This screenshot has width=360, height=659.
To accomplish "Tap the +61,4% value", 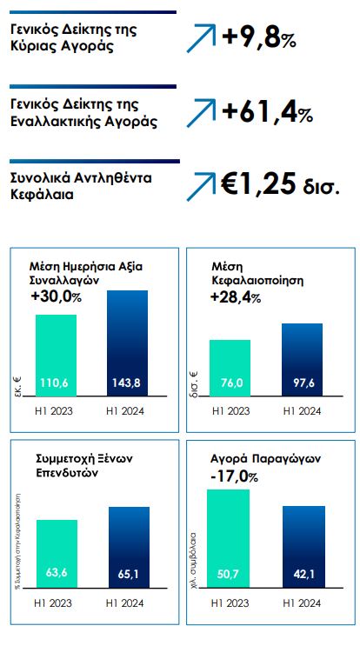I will [267, 111].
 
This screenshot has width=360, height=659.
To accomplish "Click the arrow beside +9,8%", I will [202, 37].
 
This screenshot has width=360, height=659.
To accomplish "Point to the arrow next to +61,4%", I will [202, 112].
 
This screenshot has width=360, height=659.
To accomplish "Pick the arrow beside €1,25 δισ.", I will [202, 185].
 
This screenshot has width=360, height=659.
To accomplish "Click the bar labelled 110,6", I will [56, 356].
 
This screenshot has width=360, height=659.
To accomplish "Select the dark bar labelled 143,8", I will [127, 344].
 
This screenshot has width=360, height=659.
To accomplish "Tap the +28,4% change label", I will [235, 297].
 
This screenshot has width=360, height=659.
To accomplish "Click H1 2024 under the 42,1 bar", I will [303, 601].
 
